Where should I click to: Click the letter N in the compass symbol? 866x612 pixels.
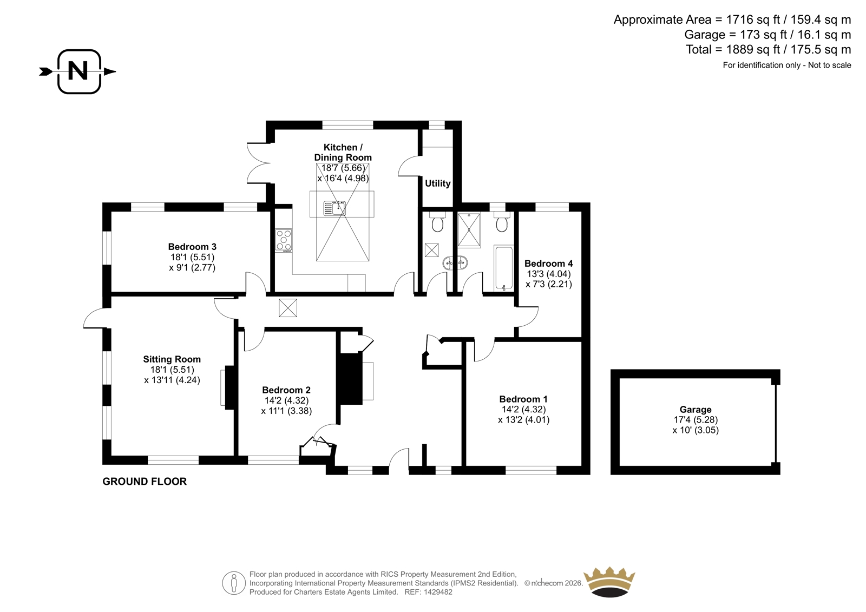pyautogui.click(x=78, y=71)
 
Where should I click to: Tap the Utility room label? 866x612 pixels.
pyautogui.click(x=438, y=183)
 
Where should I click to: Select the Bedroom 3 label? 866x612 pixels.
pyautogui.click(x=192, y=247)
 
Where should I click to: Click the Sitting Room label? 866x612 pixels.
pyautogui.click(x=172, y=359)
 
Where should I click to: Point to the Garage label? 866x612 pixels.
pyautogui.click(x=696, y=410)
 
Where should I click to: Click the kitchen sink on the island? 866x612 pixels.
pyautogui.click(x=335, y=208)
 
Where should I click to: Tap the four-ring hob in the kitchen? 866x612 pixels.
pyautogui.click(x=284, y=240)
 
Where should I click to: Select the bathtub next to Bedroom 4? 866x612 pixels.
pyautogui.click(x=504, y=268)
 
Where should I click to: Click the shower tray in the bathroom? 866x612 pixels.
pyautogui.click(x=469, y=230)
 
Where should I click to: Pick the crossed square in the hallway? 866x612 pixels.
pyautogui.click(x=288, y=308)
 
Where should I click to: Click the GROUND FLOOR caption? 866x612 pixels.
pyautogui.click(x=145, y=482)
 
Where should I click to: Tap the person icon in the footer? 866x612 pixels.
pyautogui.click(x=234, y=583)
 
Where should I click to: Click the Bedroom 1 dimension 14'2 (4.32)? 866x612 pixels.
pyautogui.click(x=524, y=410)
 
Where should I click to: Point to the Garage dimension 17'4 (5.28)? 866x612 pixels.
pyautogui.click(x=696, y=420)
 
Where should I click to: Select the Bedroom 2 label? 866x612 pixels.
pyautogui.click(x=286, y=390)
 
